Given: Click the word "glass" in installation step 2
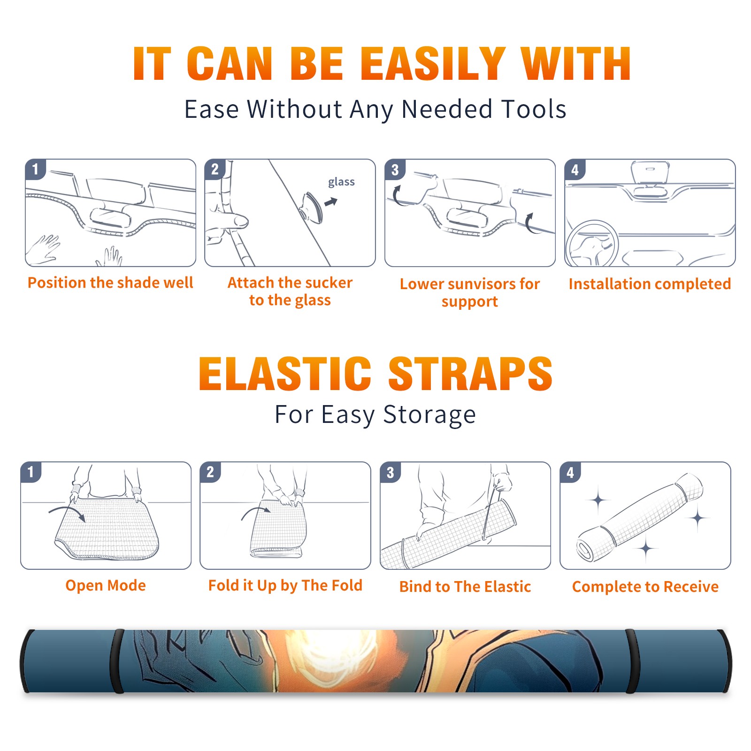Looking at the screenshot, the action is point(341,182).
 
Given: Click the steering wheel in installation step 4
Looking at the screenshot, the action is point(592,244).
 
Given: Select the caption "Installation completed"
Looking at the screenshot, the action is point(650,284).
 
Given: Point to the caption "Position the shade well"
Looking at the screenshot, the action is point(110,283).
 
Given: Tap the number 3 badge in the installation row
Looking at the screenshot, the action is point(395,169).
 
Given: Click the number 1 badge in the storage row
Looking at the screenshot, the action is point(31,472).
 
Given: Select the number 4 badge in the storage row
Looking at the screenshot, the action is point(570,472).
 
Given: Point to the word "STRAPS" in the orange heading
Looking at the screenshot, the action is point(470,374).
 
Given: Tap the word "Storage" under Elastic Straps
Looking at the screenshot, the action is point(429,415).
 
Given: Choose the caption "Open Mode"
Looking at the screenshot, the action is point(106,585).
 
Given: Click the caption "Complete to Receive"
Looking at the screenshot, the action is point(645,587).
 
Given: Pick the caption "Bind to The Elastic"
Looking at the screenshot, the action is point(465,587).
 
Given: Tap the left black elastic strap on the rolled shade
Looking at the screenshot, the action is point(117,661).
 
